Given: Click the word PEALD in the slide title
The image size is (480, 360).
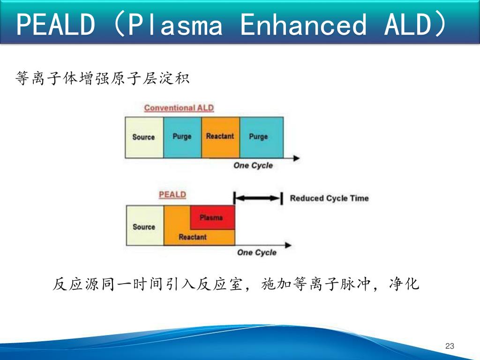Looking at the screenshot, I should pos(55,24).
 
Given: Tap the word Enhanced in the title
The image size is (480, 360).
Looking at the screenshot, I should pos(302,24).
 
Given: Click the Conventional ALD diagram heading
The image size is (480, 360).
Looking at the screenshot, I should pos(179,108).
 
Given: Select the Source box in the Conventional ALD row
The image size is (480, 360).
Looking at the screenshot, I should pos(143,137).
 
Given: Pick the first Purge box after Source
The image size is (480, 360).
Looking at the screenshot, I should pos(182,137).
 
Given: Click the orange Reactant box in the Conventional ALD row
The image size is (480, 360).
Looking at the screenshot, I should pos(220,137).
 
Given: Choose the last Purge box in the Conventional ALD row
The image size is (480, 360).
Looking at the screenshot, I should pos(261,137).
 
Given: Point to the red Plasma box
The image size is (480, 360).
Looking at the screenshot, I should pos(211,217).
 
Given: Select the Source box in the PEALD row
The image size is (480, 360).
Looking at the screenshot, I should pos(144,227).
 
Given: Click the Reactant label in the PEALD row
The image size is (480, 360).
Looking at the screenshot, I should pos(193,237).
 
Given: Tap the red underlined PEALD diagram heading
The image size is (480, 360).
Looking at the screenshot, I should pos(172,195).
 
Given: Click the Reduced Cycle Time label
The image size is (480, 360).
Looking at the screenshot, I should pos(329,198).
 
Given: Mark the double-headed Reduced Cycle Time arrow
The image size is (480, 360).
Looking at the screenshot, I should pos(258,198).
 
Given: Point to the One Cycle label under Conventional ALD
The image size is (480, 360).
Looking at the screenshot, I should pos(253,165).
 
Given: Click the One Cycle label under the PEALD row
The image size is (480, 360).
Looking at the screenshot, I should pos(257,253).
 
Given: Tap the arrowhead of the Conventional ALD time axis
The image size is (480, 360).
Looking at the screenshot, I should pos(296,158).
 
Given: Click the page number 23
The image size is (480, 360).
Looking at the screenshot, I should pos(450,346).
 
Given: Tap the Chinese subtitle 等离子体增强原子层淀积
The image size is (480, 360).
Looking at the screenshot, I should pos(102,78).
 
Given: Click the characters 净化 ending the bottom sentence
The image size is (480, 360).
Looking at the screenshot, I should pos(404,285).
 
